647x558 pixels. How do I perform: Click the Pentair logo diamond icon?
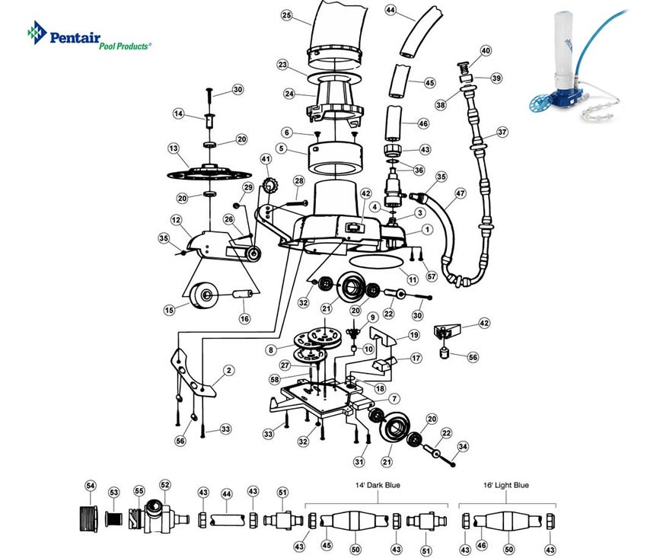tap(37, 33)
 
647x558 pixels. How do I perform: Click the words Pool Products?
tap(124, 46)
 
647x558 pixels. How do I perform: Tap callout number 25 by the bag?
tap(286, 15)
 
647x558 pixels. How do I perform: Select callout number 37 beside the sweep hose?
tap(502, 132)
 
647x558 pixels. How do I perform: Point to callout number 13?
tap(174, 148)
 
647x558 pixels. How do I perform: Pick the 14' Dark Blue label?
tap(378, 486)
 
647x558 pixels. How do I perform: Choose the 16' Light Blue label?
tap(506, 486)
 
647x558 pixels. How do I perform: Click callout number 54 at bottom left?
tap(90, 486)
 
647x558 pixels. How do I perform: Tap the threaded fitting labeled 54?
tap(88, 518)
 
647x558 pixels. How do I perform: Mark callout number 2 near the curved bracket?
tap(229, 370)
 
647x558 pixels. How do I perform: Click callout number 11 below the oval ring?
tap(413, 279)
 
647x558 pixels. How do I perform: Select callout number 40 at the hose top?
tap(486, 51)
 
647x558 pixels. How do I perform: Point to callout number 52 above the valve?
tap(165, 485)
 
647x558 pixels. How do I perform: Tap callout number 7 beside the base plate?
tap(394, 399)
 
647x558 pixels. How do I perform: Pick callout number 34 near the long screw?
tap(463, 446)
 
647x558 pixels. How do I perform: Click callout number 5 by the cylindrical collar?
tap(282, 148)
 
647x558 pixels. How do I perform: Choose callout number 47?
tap(460, 193)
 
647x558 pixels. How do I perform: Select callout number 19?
tap(414, 335)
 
